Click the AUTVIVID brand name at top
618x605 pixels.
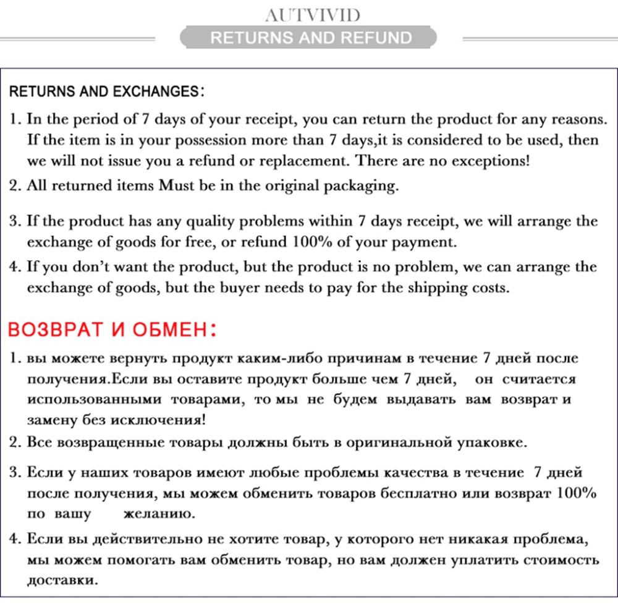click(311, 14)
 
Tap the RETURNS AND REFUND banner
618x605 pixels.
click(311, 38)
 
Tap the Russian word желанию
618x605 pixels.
click(158, 514)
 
